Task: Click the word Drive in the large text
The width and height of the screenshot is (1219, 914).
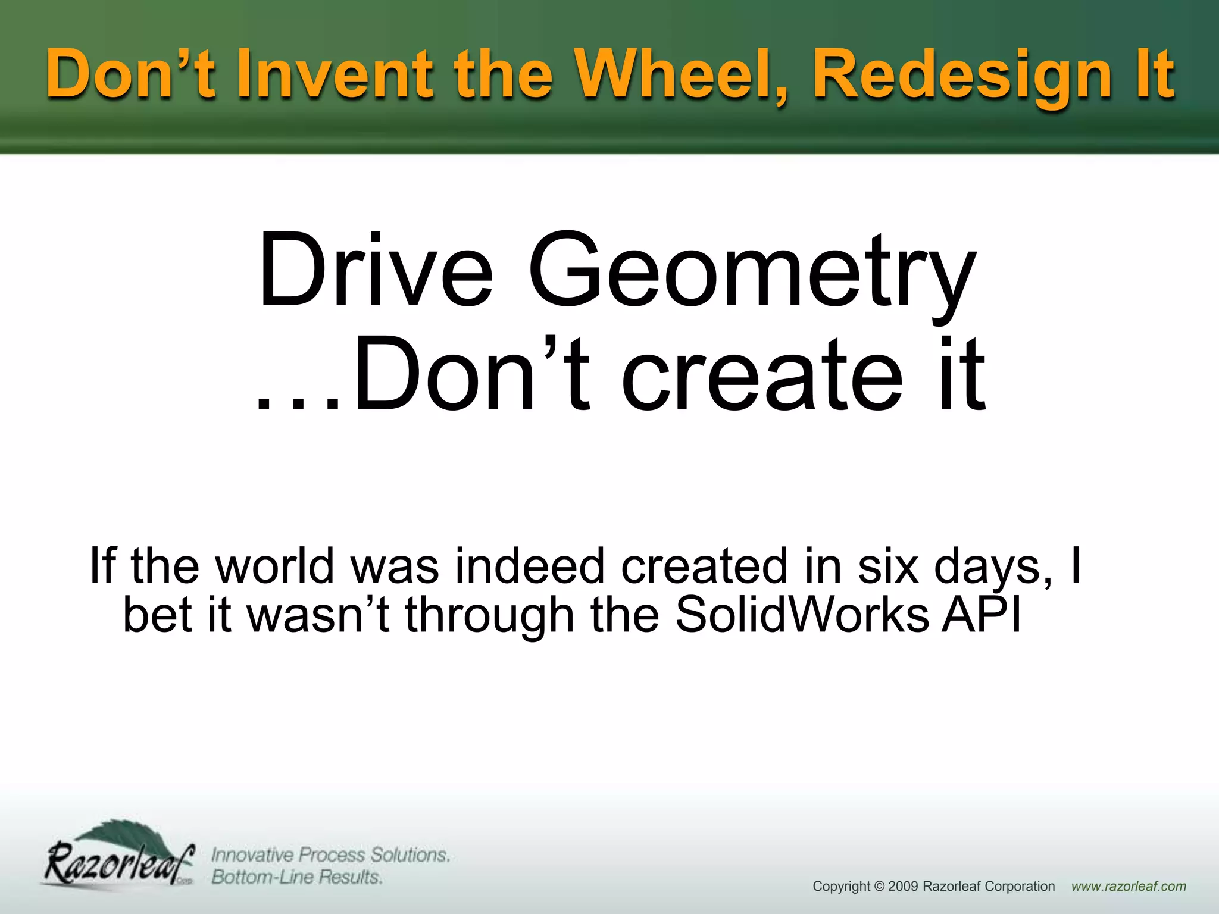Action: coord(375,271)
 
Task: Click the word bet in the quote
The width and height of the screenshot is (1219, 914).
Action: coord(158,614)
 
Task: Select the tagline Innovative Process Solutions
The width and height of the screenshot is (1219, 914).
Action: coord(330,855)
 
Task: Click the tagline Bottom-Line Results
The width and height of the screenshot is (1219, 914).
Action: coord(297,877)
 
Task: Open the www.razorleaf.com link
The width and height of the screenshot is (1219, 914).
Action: coord(1129,887)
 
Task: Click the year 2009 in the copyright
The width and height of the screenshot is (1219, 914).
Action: coord(903,887)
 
